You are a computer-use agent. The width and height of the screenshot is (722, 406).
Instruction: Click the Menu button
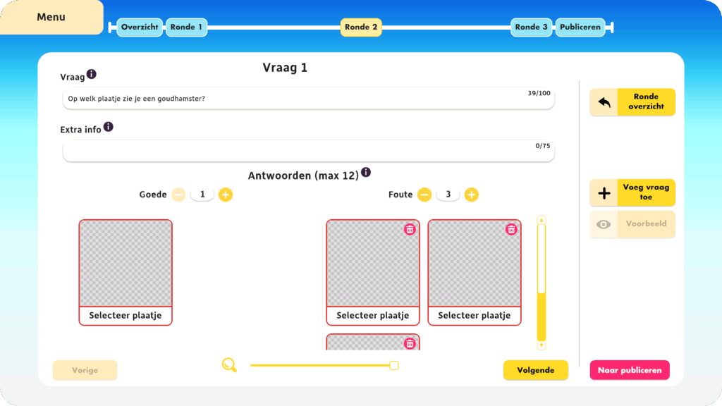51,17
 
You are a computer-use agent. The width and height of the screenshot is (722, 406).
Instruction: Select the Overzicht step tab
140,27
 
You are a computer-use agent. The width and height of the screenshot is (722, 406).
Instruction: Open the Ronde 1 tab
186,27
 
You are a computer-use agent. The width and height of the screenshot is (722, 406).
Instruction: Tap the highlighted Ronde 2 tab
361,27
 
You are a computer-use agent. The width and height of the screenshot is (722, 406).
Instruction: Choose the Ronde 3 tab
532,27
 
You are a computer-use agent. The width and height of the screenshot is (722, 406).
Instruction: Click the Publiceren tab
580,27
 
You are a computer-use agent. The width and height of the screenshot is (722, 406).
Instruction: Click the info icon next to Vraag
92,74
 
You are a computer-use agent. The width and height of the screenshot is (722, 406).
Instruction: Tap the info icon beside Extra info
108,127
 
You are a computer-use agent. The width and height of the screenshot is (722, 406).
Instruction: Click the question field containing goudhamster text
309,99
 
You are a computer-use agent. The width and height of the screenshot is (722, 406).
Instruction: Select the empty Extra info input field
309,151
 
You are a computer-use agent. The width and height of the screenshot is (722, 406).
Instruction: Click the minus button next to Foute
424,195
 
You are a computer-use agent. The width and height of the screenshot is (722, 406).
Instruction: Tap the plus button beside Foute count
472,195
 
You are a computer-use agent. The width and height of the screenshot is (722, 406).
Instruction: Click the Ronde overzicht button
632,101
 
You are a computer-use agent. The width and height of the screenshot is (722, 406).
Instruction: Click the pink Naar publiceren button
630,370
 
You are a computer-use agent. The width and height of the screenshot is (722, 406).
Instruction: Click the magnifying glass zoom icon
229,365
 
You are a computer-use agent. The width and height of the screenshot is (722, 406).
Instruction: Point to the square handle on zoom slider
393,366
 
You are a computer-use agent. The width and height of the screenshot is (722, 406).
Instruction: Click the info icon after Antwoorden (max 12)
366,172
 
